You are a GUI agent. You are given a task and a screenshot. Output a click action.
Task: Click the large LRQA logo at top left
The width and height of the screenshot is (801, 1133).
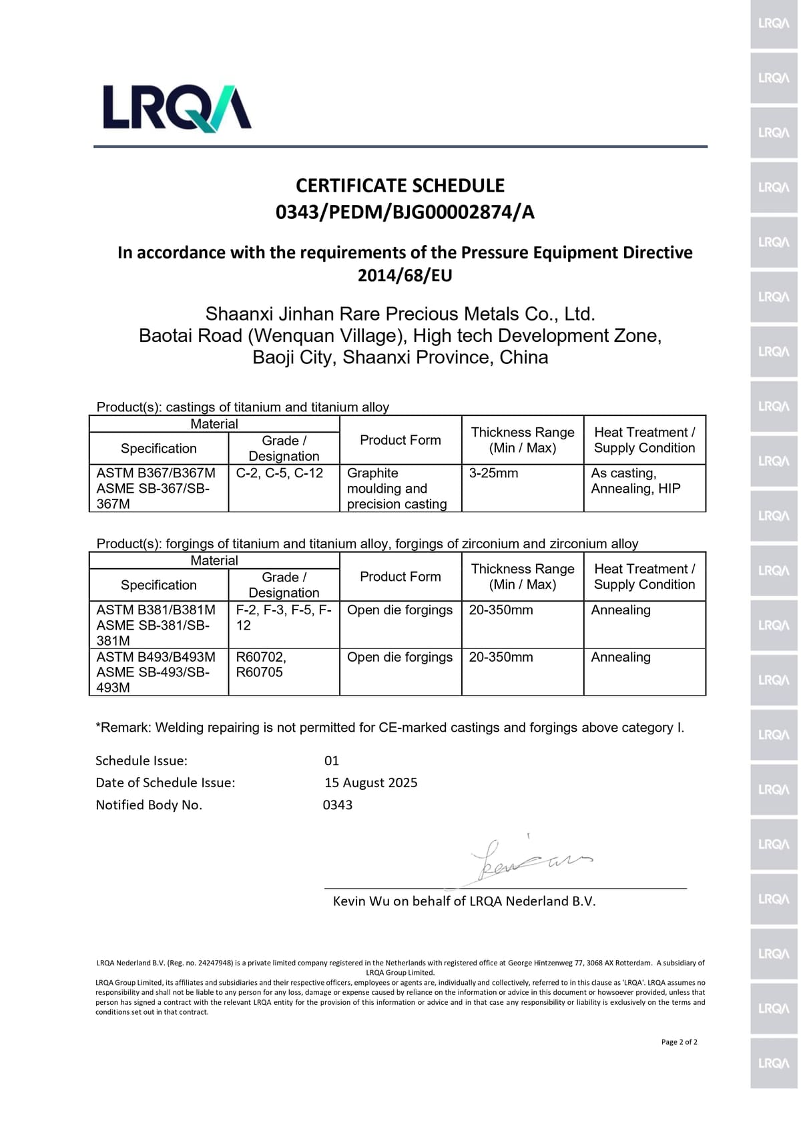(x=177, y=108)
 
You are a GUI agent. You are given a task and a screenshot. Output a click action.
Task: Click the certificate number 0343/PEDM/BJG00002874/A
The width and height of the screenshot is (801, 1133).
(x=405, y=212)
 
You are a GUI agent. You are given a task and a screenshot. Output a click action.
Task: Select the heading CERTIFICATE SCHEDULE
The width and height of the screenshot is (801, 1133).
(x=400, y=186)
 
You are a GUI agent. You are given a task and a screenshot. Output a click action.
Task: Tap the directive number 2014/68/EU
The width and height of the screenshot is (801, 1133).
(x=405, y=275)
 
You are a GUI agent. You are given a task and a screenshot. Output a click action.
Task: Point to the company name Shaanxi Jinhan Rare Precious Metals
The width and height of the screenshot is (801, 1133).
(x=400, y=314)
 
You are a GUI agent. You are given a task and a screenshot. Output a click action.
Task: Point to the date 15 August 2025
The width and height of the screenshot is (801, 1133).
(x=370, y=782)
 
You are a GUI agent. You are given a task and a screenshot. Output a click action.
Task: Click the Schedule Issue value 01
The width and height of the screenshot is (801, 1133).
(x=332, y=760)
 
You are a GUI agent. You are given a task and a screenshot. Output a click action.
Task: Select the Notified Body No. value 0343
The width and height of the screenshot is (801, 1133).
(x=338, y=805)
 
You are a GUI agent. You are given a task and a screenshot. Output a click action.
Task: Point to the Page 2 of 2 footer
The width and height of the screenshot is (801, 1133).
(x=679, y=1042)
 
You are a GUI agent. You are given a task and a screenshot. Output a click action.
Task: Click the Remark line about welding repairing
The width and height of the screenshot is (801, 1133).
(x=390, y=728)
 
